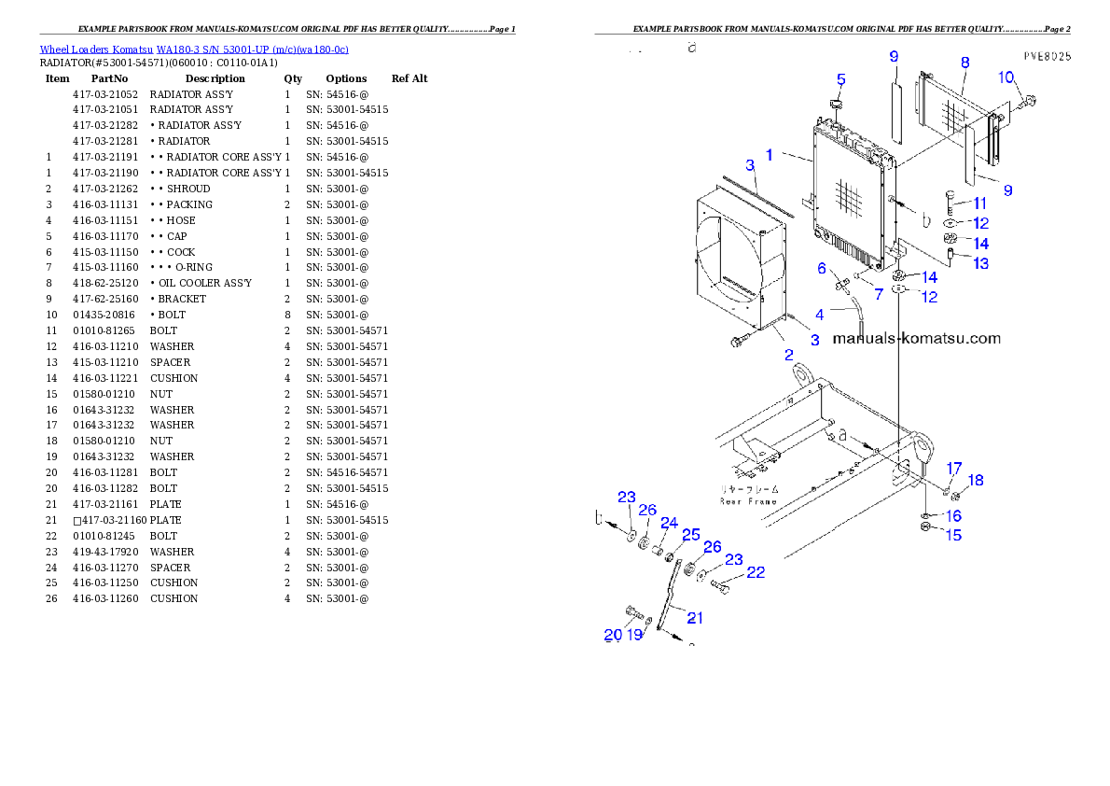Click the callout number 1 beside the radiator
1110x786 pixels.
[770, 155]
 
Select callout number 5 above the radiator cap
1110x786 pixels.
[840, 80]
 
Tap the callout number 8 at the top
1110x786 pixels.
[964, 63]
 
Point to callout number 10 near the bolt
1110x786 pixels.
[1006, 77]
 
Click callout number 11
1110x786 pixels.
[979, 203]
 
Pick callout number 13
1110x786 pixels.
[980, 264]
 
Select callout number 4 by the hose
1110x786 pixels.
[819, 315]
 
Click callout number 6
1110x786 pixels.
[822, 269]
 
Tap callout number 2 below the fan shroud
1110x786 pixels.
[788, 355]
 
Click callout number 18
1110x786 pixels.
[975, 481]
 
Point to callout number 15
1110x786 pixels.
[952, 536]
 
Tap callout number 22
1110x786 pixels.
[756, 572]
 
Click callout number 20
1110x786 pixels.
[612, 635]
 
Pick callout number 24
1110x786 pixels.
[669, 523]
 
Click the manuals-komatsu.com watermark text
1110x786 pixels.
[916, 339]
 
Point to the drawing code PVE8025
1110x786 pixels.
[1047, 56]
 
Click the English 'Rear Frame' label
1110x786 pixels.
[748, 501]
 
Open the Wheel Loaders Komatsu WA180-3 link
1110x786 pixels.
[194, 49]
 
